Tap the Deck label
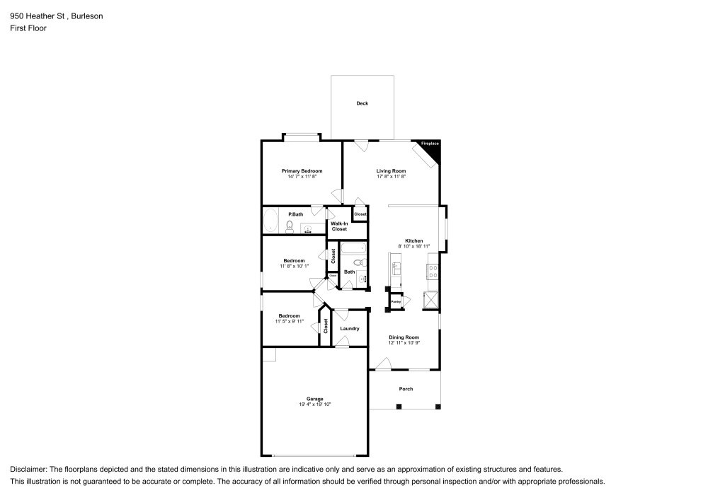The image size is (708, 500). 362,103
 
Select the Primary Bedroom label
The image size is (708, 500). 302,171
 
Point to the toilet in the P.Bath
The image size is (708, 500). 290,226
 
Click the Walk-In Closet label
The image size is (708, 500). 339,226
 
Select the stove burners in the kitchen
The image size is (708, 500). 431,272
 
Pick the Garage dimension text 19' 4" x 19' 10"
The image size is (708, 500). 314,405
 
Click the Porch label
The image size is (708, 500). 406,389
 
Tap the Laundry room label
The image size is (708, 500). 350,328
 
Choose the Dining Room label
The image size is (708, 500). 404,337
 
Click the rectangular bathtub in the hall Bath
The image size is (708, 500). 353,248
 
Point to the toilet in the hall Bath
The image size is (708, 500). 359,263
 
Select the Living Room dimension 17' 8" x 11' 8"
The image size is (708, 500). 391,177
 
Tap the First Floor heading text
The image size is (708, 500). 28,28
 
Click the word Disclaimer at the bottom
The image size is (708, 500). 32,469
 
